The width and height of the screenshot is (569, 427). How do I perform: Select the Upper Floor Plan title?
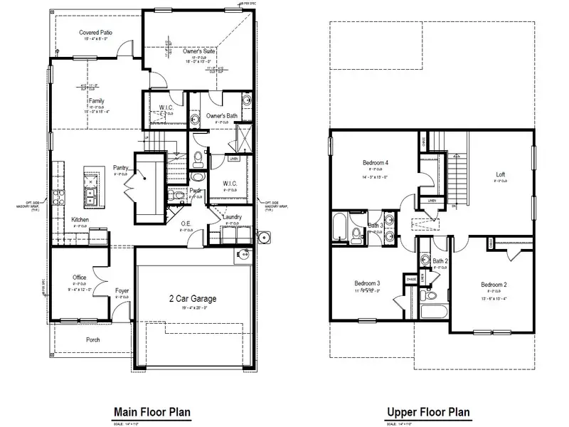point(427,411)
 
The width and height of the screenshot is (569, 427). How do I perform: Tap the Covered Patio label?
point(96,32)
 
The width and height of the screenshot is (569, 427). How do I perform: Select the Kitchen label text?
point(80,220)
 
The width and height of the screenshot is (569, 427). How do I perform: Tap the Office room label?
point(80,277)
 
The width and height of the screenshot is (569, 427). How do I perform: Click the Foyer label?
point(122,291)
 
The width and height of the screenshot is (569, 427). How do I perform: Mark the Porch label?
point(92,339)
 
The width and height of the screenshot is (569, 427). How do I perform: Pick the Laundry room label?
point(233,216)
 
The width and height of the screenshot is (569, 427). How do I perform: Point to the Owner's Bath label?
point(222,116)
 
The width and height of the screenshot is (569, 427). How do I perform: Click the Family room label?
point(87,101)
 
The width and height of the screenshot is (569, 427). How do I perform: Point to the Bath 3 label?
point(375,226)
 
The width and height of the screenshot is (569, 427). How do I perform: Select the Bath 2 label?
point(440,261)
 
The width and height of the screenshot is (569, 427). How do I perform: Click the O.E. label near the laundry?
point(186,223)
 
